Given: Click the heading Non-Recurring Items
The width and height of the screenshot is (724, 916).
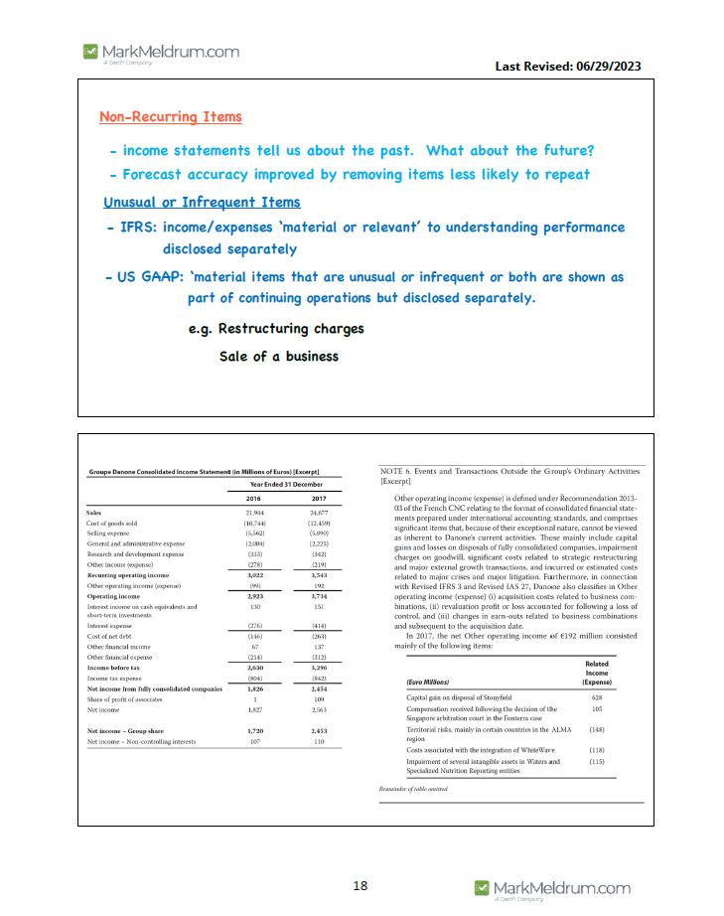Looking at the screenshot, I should [170, 117].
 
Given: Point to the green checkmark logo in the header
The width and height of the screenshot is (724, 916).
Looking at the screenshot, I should [90, 51].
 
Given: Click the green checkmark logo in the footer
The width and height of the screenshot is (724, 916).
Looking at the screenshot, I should [482, 887].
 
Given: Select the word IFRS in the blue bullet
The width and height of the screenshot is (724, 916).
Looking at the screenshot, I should [137, 229].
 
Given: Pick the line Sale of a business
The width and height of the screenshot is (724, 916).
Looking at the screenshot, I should [278, 357].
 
